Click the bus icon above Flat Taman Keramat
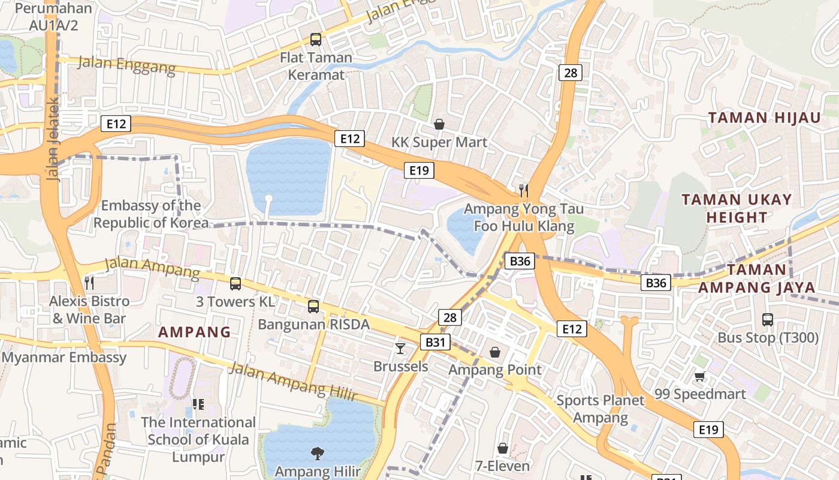pyautogui.click(x=316, y=40)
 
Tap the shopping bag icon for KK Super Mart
pyautogui.click(x=439, y=124)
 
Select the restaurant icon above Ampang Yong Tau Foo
pyautogui.click(x=524, y=191)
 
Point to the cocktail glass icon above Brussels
pyautogui.click(x=400, y=348)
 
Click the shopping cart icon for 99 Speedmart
pyautogui.click(x=699, y=376)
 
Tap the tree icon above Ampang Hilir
pyautogui.click(x=317, y=453)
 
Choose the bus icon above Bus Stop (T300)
pyautogui.click(x=768, y=319)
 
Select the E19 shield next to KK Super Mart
pyautogui.click(x=418, y=170)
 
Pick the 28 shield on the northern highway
pyautogui.click(x=570, y=73)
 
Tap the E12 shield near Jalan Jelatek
pyautogui.click(x=115, y=124)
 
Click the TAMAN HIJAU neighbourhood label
pyautogui.click(x=764, y=118)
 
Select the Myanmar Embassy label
pyautogui.click(x=64, y=358)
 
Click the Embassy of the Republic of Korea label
pyautogui.click(x=151, y=214)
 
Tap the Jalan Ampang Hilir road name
pyautogui.click(x=293, y=382)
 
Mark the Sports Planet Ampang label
pyautogui.click(x=600, y=409)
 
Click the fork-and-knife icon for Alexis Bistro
pyautogui.click(x=89, y=283)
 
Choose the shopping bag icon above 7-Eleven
pyautogui.click(x=503, y=448)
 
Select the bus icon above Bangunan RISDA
pyautogui.click(x=313, y=307)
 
